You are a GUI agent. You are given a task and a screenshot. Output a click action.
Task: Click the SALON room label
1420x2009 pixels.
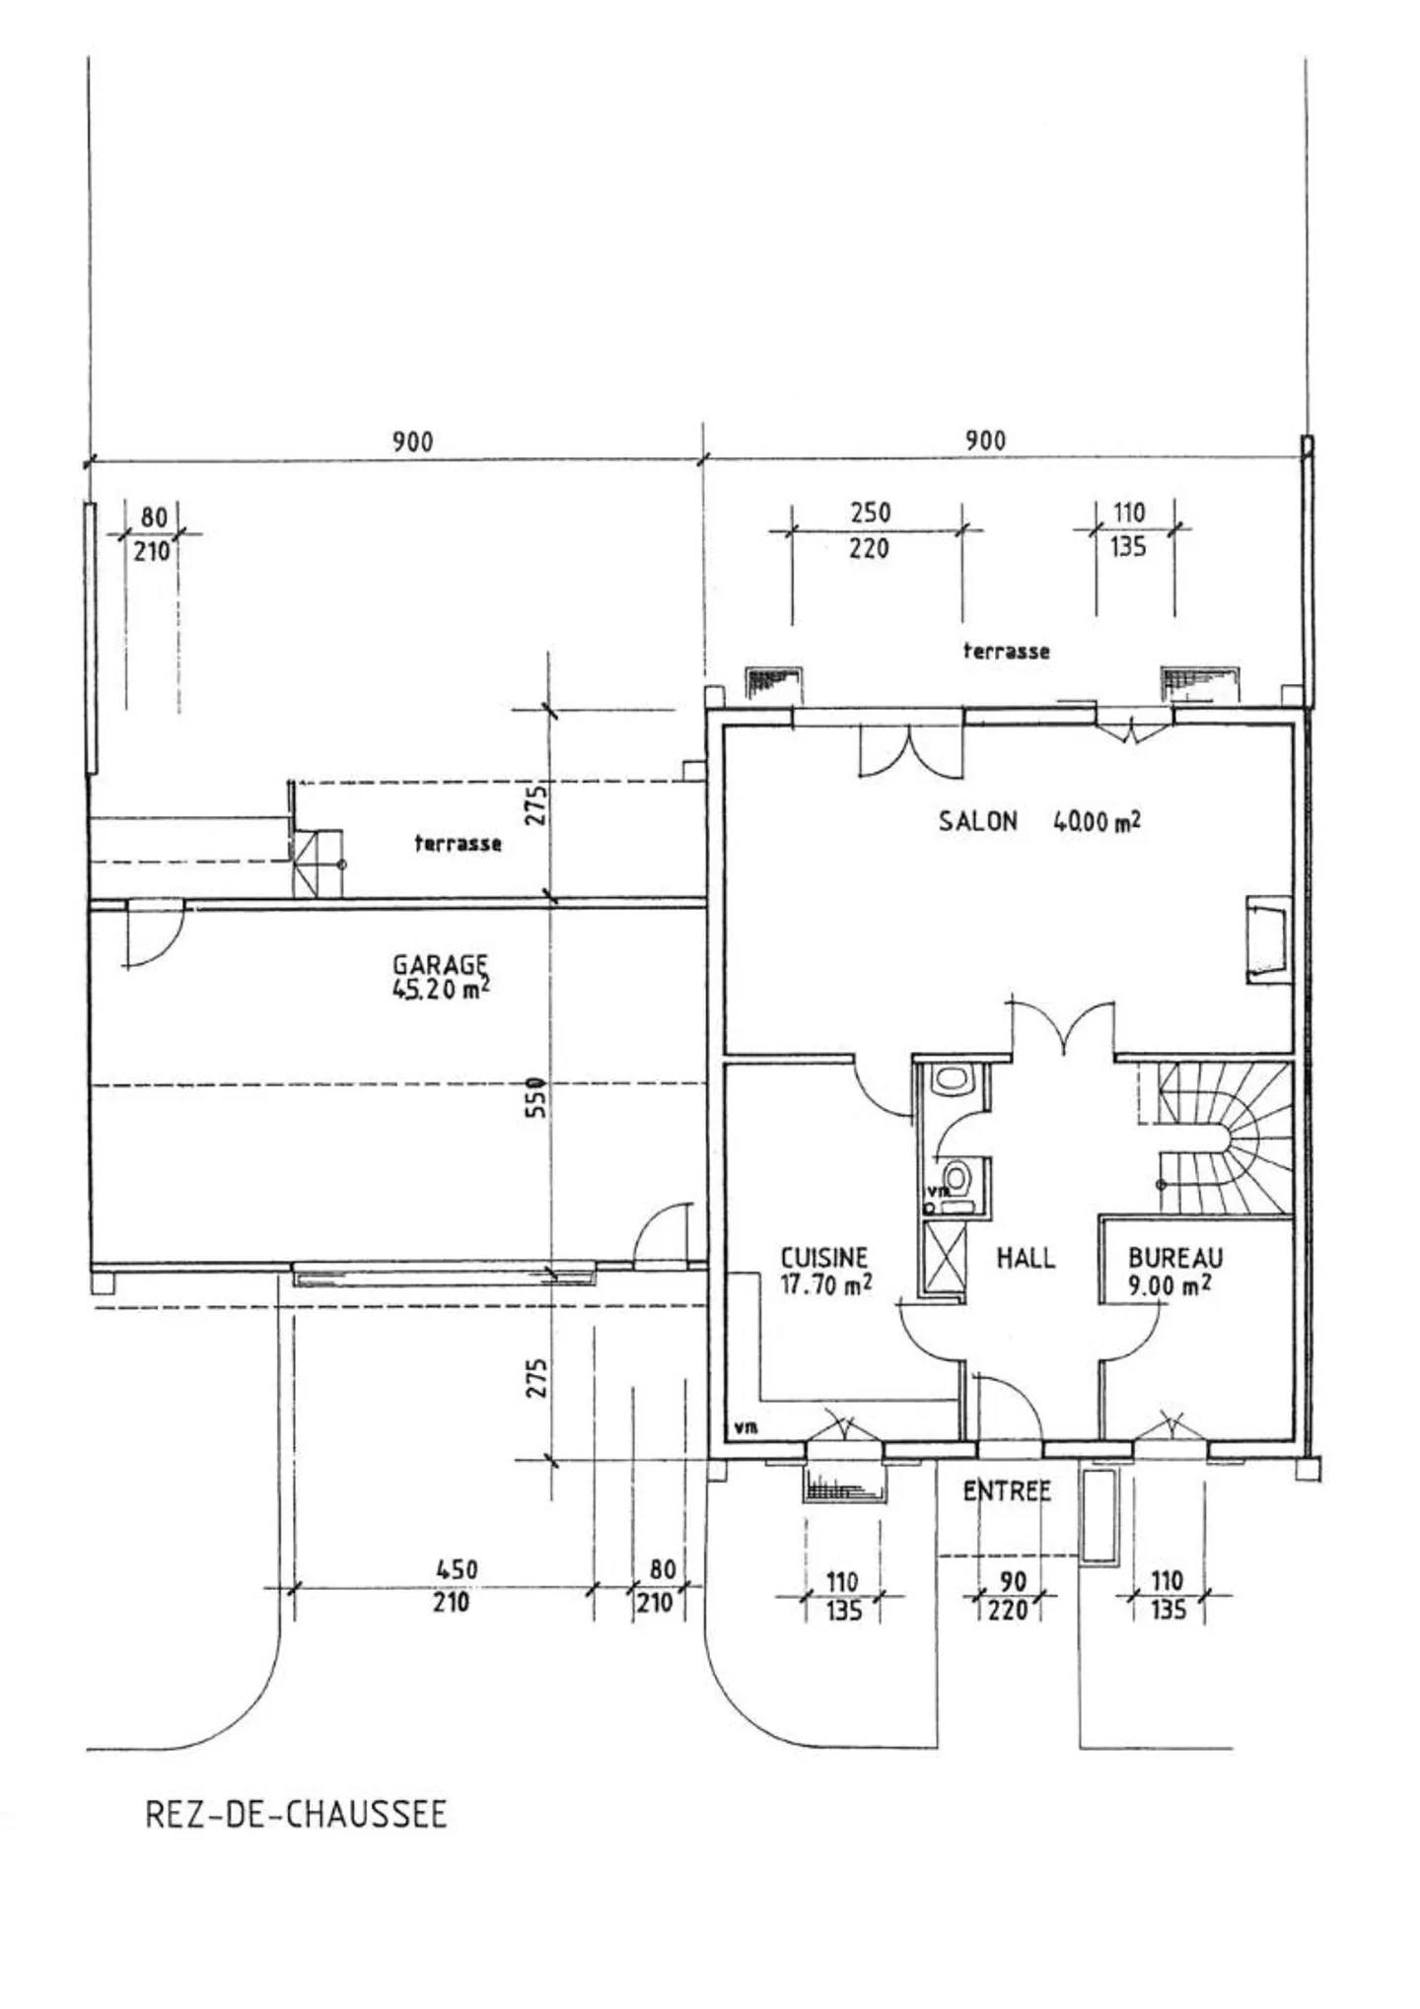point(977,821)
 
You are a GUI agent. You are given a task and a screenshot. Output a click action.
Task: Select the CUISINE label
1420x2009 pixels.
point(824,1258)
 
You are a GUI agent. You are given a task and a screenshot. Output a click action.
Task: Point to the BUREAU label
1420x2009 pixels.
point(1175,1258)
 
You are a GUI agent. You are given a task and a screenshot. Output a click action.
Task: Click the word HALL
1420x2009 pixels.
point(1026,1258)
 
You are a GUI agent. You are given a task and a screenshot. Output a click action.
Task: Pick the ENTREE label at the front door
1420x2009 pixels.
point(1007,1491)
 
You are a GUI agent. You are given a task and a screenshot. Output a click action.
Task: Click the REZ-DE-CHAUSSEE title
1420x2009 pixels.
point(296,1815)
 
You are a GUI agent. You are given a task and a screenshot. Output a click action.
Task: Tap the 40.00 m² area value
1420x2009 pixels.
point(1098,820)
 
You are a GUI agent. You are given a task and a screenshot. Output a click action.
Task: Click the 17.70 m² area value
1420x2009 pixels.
point(826,1284)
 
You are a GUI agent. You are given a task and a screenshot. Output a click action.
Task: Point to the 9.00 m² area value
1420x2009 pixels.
point(1170,1284)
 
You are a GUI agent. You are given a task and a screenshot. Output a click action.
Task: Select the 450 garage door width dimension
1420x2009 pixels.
point(457,1569)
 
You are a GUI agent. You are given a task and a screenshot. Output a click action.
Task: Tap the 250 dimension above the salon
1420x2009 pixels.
point(871,513)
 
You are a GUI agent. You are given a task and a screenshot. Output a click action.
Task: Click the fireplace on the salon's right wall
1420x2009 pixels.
point(1268,939)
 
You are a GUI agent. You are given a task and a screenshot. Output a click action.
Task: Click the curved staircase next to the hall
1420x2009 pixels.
point(1224,1138)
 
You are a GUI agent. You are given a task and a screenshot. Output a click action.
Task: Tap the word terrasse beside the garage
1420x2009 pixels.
point(458,843)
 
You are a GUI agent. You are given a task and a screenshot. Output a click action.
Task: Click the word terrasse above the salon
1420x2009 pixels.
point(1006,651)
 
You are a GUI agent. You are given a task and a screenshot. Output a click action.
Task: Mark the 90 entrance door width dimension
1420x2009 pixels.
point(1014,1581)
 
